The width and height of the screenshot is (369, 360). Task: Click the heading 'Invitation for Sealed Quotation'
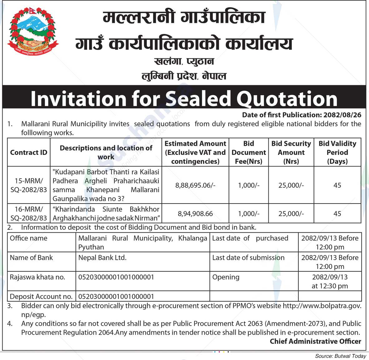(x=184, y=99)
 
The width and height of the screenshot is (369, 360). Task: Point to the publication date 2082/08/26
(x=343, y=115)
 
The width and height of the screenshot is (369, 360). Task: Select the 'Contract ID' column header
(x=29, y=152)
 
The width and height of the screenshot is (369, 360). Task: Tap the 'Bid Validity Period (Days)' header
(x=337, y=152)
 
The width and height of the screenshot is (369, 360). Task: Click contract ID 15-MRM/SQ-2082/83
(x=29, y=185)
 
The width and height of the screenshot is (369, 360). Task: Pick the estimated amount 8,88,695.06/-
(x=195, y=185)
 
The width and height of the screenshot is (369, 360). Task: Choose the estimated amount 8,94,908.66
(x=195, y=214)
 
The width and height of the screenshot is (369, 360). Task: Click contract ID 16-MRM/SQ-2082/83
(x=29, y=214)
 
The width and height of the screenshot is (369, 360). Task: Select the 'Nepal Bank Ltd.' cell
(x=102, y=258)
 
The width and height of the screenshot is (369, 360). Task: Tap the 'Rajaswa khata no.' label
(x=37, y=277)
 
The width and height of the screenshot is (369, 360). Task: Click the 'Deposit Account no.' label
(x=41, y=296)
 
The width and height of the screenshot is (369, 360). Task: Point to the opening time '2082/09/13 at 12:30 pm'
(x=330, y=281)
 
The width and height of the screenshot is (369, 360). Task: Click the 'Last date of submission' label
(x=248, y=258)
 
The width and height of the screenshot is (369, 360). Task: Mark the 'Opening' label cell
(x=226, y=277)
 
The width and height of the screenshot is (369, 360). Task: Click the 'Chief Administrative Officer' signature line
(x=315, y=341)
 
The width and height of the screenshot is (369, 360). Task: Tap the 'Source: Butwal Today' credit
(x=341, y=356)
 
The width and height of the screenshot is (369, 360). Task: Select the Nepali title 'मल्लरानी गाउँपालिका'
(x=184, y=17)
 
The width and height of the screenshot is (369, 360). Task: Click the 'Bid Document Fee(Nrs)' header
(x=248, y=152)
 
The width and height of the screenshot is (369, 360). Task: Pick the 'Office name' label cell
(x=29, y=238)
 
